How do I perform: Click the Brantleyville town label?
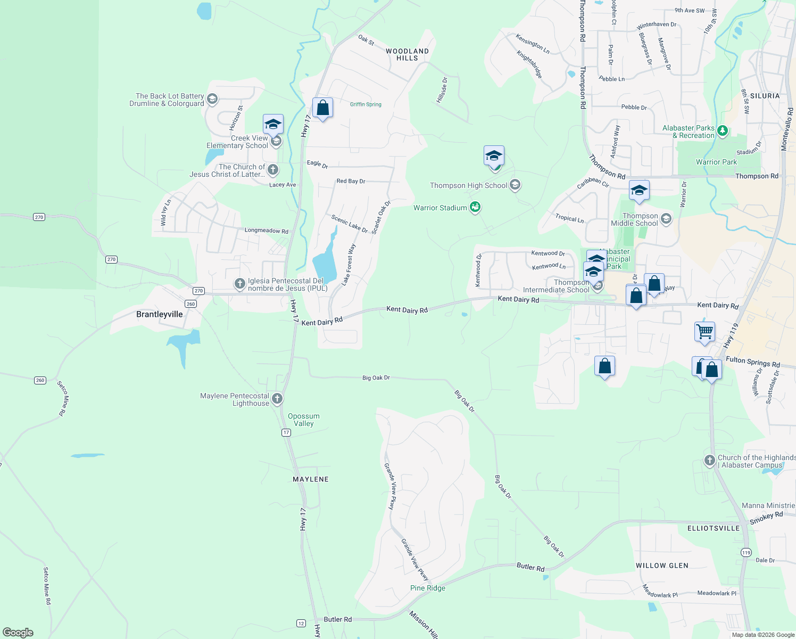(159, 314)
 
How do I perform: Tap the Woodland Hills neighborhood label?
(407, 55)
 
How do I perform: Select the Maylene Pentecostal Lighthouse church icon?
(277, 399)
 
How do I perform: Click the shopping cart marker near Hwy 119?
(704, 332)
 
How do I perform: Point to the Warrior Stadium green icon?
(475, 207)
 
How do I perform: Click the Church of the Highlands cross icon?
(709, 461)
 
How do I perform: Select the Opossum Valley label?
(304, 420)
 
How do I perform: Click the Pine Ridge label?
(428, 588)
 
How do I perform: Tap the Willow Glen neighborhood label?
(662, 566)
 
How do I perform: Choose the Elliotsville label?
(714, 528)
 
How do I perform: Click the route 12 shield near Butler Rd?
(301, 623)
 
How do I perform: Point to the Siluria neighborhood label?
(765, 96)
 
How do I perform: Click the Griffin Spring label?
(366, 104)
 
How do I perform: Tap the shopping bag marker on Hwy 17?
(322, 108)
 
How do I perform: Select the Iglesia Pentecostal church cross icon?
(240, 284)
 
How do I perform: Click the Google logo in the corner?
(18, 632)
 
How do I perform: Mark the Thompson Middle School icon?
(666, 219)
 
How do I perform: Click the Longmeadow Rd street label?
(266, 231)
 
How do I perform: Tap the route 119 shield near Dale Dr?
(746, 553)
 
